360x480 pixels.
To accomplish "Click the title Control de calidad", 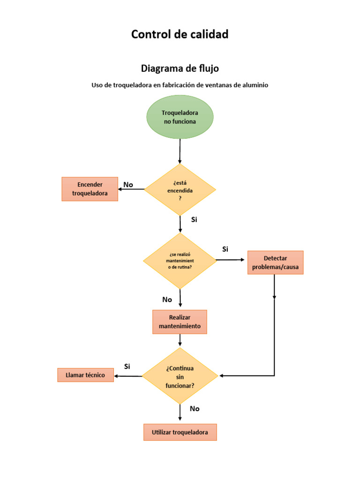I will click(180, 34).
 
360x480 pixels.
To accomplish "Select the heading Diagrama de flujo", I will click(180, 68).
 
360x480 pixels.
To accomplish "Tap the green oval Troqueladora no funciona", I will click(180, 117).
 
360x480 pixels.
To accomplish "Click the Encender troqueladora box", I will click(90, 189).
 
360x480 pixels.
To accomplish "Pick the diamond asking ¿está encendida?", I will click(180, 189).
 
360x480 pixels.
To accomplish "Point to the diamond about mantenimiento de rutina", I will click(180, 261).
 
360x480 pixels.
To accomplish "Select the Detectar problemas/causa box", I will click(275, 262).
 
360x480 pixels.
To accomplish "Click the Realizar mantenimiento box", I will click(180, 322).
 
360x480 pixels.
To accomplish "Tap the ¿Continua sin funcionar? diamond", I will click(180, 376).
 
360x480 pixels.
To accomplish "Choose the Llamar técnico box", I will click(85, 375).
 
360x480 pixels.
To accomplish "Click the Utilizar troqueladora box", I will click(180, 432).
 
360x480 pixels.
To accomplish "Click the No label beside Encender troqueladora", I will click(128, 185).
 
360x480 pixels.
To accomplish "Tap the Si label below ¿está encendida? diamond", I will click(195, 219).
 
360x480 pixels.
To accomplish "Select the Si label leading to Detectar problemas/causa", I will click(225, 249).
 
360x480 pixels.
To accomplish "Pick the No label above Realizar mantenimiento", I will click(167, 300).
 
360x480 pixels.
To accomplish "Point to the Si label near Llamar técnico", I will click(127, 366).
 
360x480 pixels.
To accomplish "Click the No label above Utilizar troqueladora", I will click(195, 409).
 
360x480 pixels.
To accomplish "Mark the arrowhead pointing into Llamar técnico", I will click(117, 375).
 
